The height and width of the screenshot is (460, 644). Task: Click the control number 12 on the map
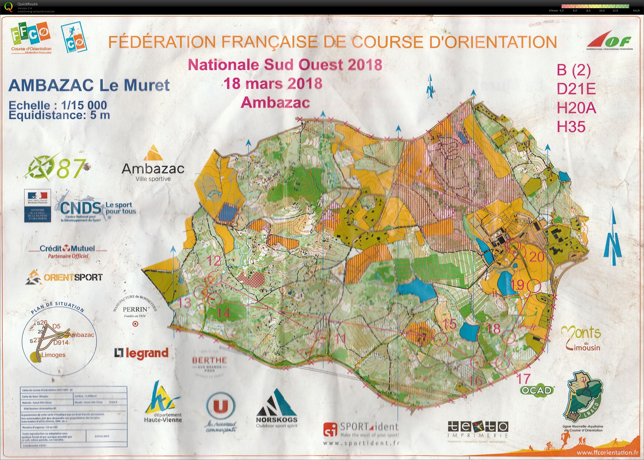point(214,260)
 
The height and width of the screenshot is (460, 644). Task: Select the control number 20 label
point(537,257)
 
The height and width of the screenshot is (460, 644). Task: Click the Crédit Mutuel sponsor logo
point(67,251)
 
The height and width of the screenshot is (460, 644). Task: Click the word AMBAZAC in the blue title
point(51,85)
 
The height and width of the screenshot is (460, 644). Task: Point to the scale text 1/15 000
point(84,106)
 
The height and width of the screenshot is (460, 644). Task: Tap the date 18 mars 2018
point(273,83)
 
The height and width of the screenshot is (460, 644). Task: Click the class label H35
point(571,127)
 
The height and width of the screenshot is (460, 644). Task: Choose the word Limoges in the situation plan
point(53,355)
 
